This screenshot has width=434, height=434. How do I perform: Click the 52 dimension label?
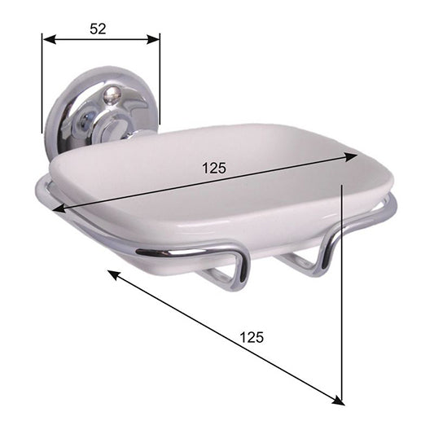click(x=99, y=28)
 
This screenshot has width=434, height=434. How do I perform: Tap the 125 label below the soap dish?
click(x=253, y=335)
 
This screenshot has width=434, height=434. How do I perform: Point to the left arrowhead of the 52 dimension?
click(x=47, y=39)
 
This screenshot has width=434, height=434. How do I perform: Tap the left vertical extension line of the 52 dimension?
click(x=42, y=90)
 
